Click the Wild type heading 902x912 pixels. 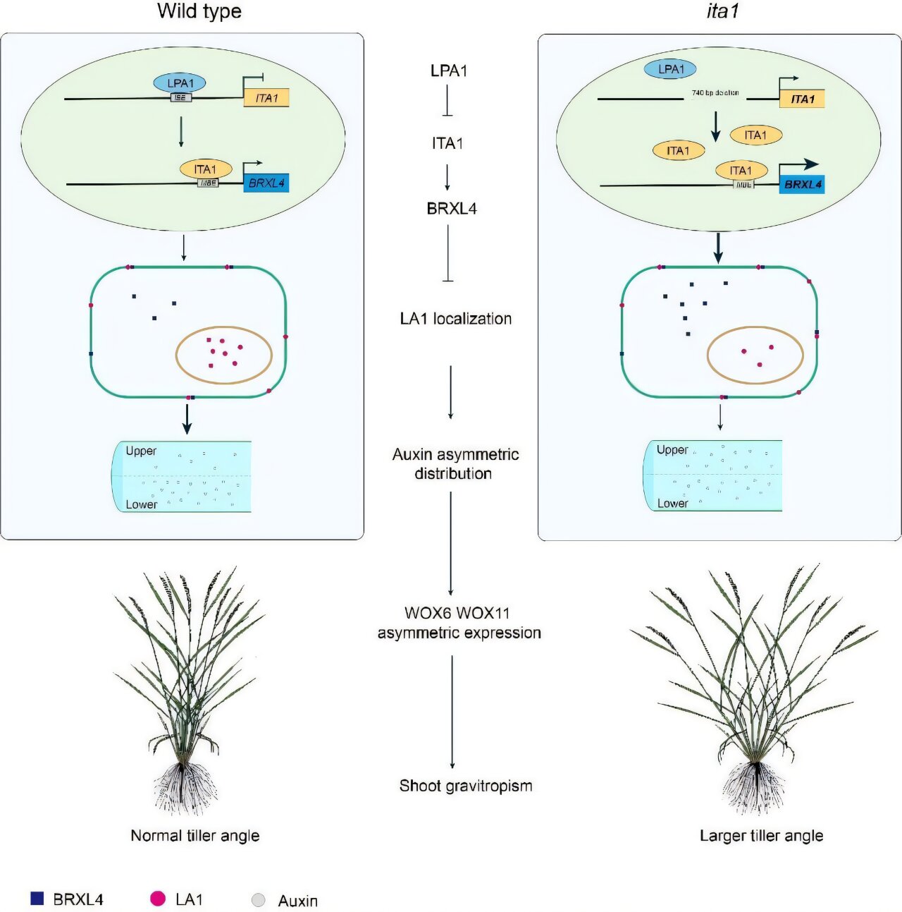[x=199, y=11]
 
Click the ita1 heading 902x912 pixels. [x=722, y=11]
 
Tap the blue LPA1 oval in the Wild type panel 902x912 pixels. [x=180, y=83]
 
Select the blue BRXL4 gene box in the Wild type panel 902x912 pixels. [x=266, y=183]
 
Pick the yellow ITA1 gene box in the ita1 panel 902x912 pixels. [x=802, y=99]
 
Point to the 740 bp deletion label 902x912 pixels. [x=715, y=93]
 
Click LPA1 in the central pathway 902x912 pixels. [x=449, y=71]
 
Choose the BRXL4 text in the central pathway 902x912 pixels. [x=452, y=209]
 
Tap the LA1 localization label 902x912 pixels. [x=456, y=319]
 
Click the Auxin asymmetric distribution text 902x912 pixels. [x=455, y=464]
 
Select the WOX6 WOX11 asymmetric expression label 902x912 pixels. [x=459, y=623]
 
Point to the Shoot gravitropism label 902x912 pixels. [x=466, y=786]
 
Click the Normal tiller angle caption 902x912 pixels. [x=195, y=836]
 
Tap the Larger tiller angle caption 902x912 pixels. [x=761, y=836]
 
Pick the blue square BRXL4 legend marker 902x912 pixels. [x=37, y=899]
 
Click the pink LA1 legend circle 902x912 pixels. [x=158, y=899]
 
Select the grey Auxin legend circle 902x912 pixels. [x=259, y=901]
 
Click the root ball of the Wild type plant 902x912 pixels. [x=182, y=786]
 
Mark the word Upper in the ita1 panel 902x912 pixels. [x=672, y=450]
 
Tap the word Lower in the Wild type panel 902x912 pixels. [x=142, y=504]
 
